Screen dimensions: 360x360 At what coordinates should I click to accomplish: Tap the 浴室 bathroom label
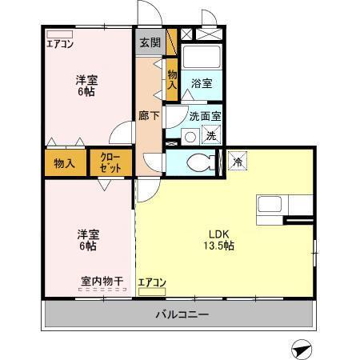[201, 82]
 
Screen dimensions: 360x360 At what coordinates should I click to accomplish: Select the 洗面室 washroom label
[205, 117]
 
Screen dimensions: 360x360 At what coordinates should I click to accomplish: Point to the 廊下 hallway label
[149, 117]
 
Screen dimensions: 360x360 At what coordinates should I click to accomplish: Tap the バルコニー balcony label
[182, 314]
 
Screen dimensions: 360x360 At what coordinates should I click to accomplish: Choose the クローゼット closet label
[111, 164]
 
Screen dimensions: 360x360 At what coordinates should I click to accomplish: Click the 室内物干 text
[102, 281]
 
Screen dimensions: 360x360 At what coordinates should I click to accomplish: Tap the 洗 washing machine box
[210, 136]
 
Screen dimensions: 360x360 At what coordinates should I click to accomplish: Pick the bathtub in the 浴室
[201, 58]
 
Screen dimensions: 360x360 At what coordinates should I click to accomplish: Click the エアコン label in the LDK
[151, 282]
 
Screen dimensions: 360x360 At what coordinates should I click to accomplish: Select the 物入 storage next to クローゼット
[65, 163]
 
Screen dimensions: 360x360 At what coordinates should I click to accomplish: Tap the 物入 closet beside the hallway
[172, 79]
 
